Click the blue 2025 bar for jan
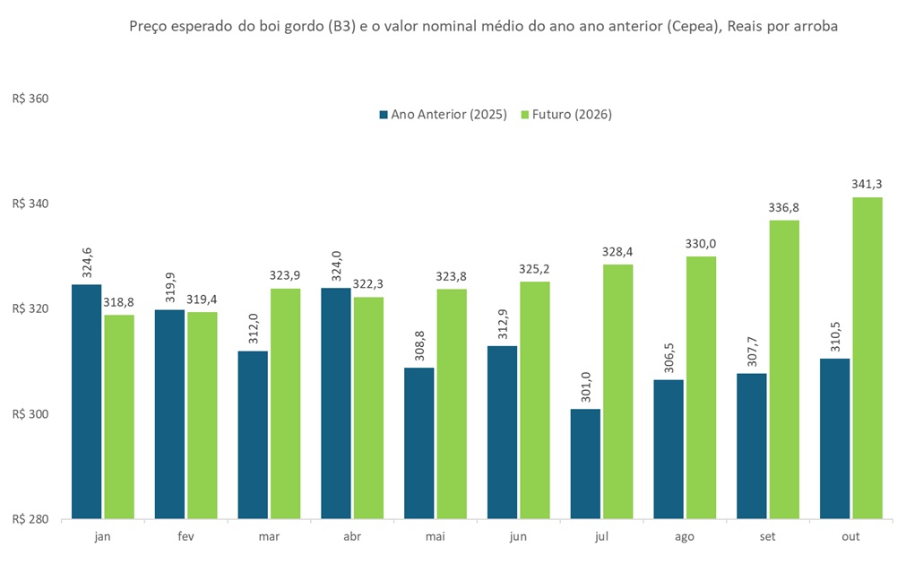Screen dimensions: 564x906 [x=87, y=401]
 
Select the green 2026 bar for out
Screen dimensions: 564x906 [x=867, y=358]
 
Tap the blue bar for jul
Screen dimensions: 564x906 [x=585, y=464]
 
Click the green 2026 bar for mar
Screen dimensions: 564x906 [x=285, y=403]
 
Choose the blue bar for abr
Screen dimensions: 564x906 [x=336, y=403]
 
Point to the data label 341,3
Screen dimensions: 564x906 [x=867, y=185]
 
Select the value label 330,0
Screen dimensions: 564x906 [x=701, y=244]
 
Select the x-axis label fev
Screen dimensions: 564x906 [x=186, y=535]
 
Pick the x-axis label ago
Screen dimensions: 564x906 [x=684, y=535]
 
